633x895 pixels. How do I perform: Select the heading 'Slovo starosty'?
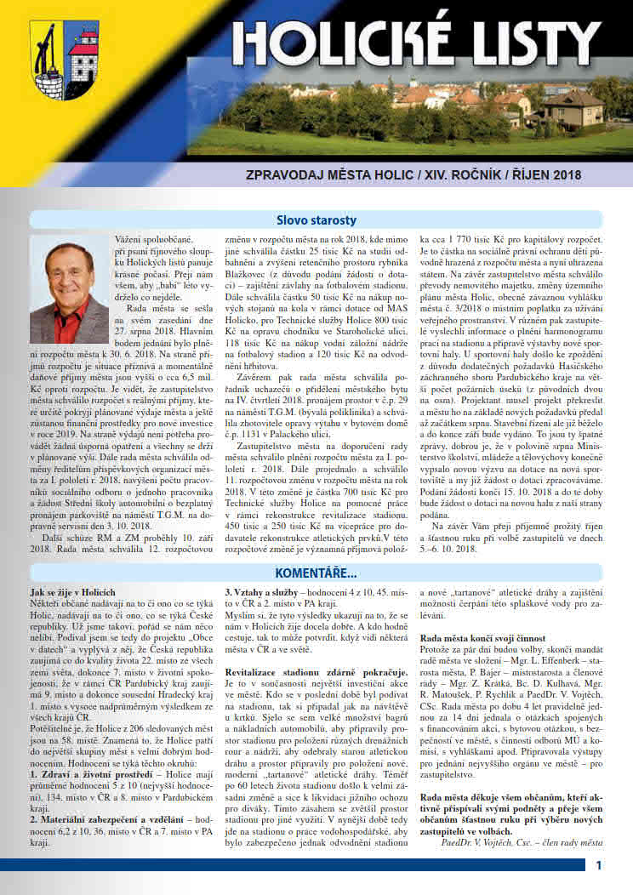pyautogui.click(x=316, y=220)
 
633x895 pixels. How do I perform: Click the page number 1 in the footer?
pyautogui.click(x=599, y=866)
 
